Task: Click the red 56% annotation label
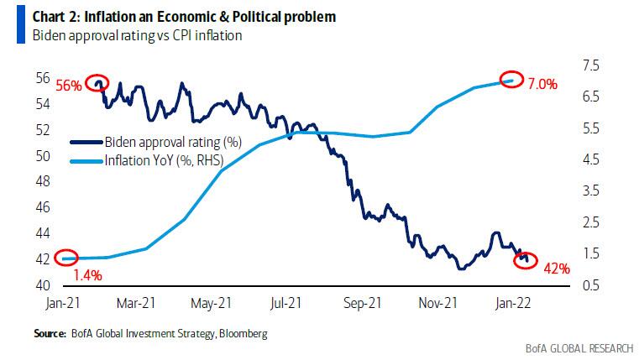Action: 69,86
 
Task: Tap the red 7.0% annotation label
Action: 542,84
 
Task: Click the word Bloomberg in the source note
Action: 244,334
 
